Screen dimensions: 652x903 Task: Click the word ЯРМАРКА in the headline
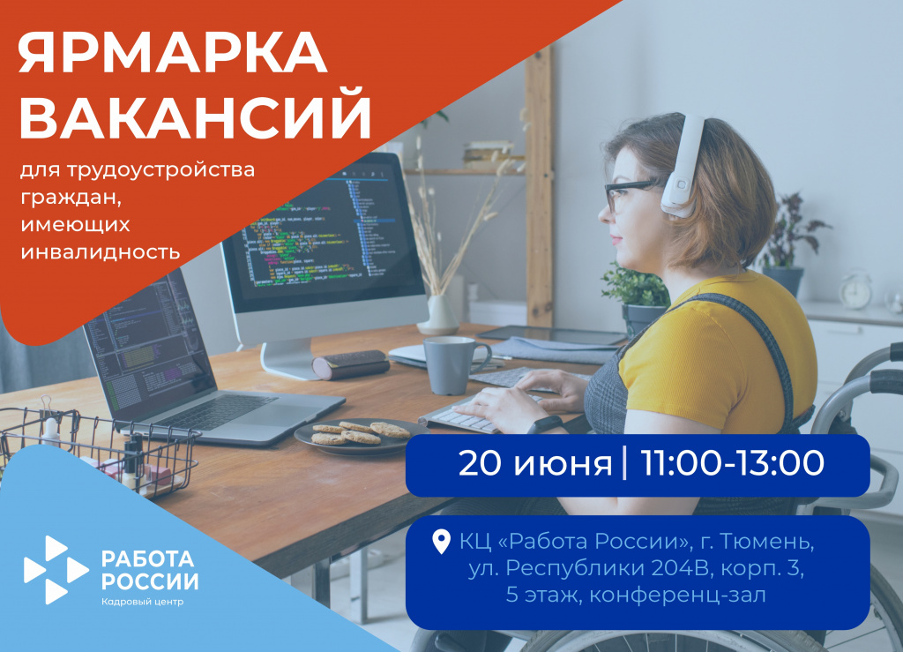172,55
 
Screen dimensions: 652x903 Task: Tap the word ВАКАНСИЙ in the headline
195,118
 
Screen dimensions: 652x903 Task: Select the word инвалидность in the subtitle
99,251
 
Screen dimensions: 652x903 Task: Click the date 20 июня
534,463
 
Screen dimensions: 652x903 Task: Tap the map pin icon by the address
442,542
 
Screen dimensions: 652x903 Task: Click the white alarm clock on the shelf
854,290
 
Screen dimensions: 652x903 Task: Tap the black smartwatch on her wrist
549,425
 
